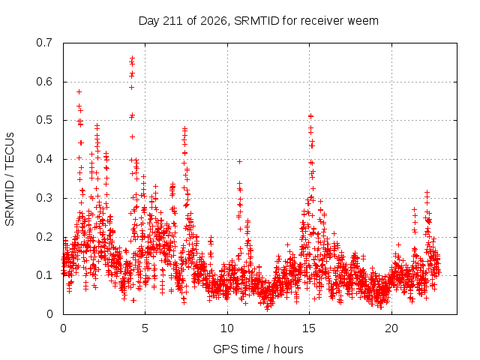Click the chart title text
tap(259, 21)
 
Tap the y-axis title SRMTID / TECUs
tap(10, 179)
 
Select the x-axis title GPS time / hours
tap(258, 349)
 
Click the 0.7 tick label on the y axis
tap(44, 43)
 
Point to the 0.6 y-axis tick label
tap(44, 82)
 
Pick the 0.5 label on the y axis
tap(44, 120)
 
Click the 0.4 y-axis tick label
tap(44, 159)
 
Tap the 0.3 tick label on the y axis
tap(44, 198)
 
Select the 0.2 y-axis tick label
tap(44, 237)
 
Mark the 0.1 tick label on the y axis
tap(44, 275)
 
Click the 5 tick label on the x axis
tap(145, 328)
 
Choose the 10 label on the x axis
tap(227, 328)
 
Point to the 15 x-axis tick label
tap(309, 328)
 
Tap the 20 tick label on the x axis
tap(391, 328)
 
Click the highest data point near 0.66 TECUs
tap(132, 58)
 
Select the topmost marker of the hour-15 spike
tap(310, 116)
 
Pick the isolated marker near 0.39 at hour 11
tap(240, 162)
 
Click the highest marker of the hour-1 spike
tap(79, 91)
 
